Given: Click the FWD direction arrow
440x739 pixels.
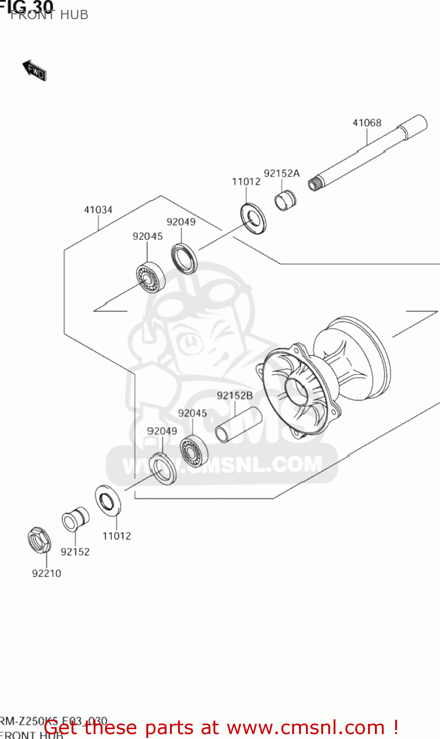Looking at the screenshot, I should pos(34,71).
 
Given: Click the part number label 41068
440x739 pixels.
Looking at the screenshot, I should pos(367,123).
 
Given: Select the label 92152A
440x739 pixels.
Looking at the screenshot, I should pos(281,173).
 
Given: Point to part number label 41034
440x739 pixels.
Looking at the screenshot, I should pos(98,210).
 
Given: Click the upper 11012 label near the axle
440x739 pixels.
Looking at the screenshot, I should pos(246,182).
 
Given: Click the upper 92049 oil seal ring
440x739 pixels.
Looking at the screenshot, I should pos(184,258).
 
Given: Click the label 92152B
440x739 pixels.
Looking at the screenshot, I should pos(235,396).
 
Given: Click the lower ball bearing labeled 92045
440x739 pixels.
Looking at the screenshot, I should pos(194,450).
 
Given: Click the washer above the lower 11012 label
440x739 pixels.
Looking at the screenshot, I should pos(108,501).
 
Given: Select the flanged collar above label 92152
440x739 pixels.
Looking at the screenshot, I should pos(75,519).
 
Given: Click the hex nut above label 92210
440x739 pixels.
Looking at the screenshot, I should pos(39,540).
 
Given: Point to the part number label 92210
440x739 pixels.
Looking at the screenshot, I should pos(46,573).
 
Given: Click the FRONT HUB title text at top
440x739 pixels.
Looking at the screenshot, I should pos(49,15).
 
